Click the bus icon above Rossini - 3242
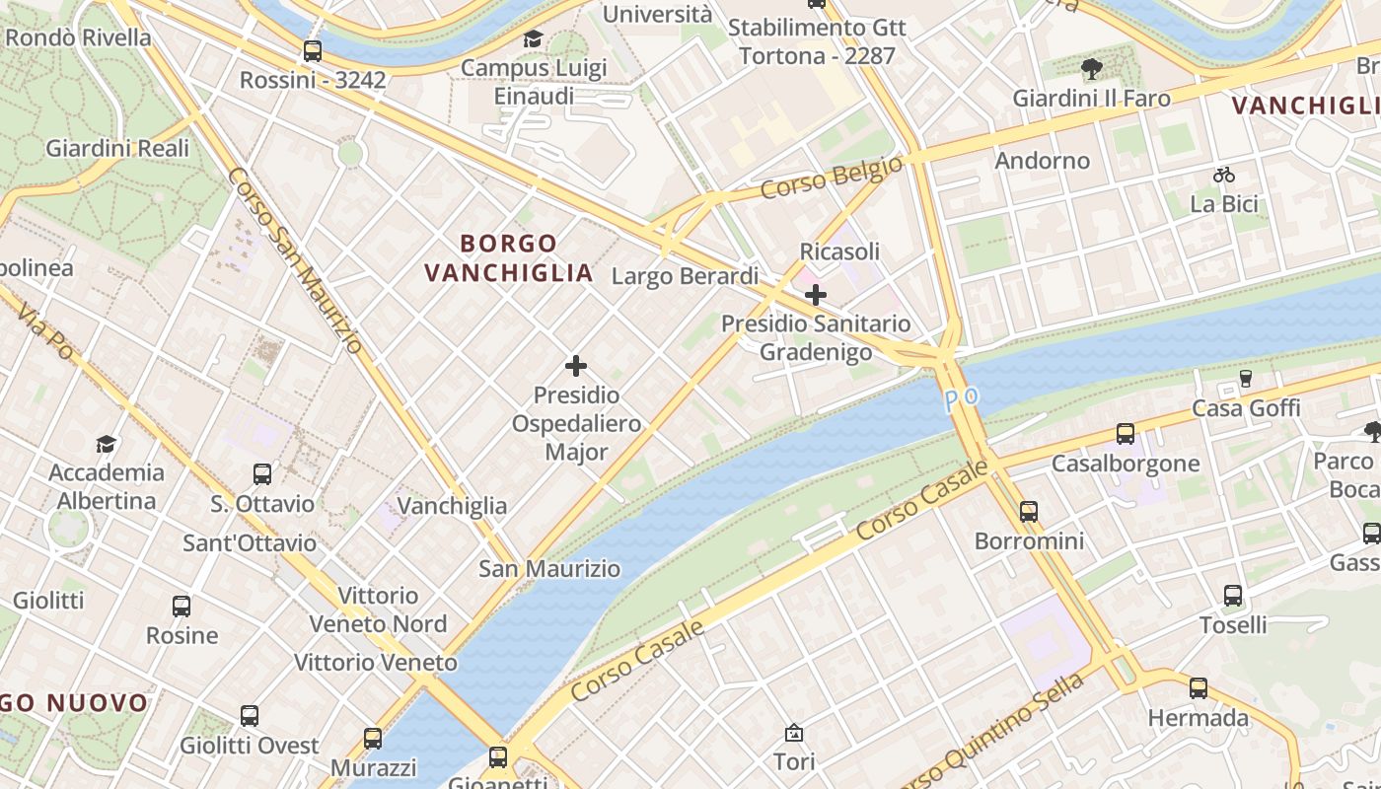coord(313,51)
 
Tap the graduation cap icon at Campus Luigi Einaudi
coord(534,39)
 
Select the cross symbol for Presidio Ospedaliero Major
coord(576,367)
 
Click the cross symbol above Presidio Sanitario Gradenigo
coord(816,295)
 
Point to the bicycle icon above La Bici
coord(1224,176)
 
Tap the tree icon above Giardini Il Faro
coord(1091,69)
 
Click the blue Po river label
coord(962,398)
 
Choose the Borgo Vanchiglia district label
coord(509,257)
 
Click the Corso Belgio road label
coord(832,178)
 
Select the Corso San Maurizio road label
coord(295,260)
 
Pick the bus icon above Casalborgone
coord(1126,434)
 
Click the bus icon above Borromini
coord(1029,512)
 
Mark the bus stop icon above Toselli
coord(1233,596)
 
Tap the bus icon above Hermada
coord(1199,688)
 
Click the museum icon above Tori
coord(794,733)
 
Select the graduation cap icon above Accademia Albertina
coord(106,444)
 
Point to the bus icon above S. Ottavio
coord(262,474)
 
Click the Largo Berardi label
coord(685,276)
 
